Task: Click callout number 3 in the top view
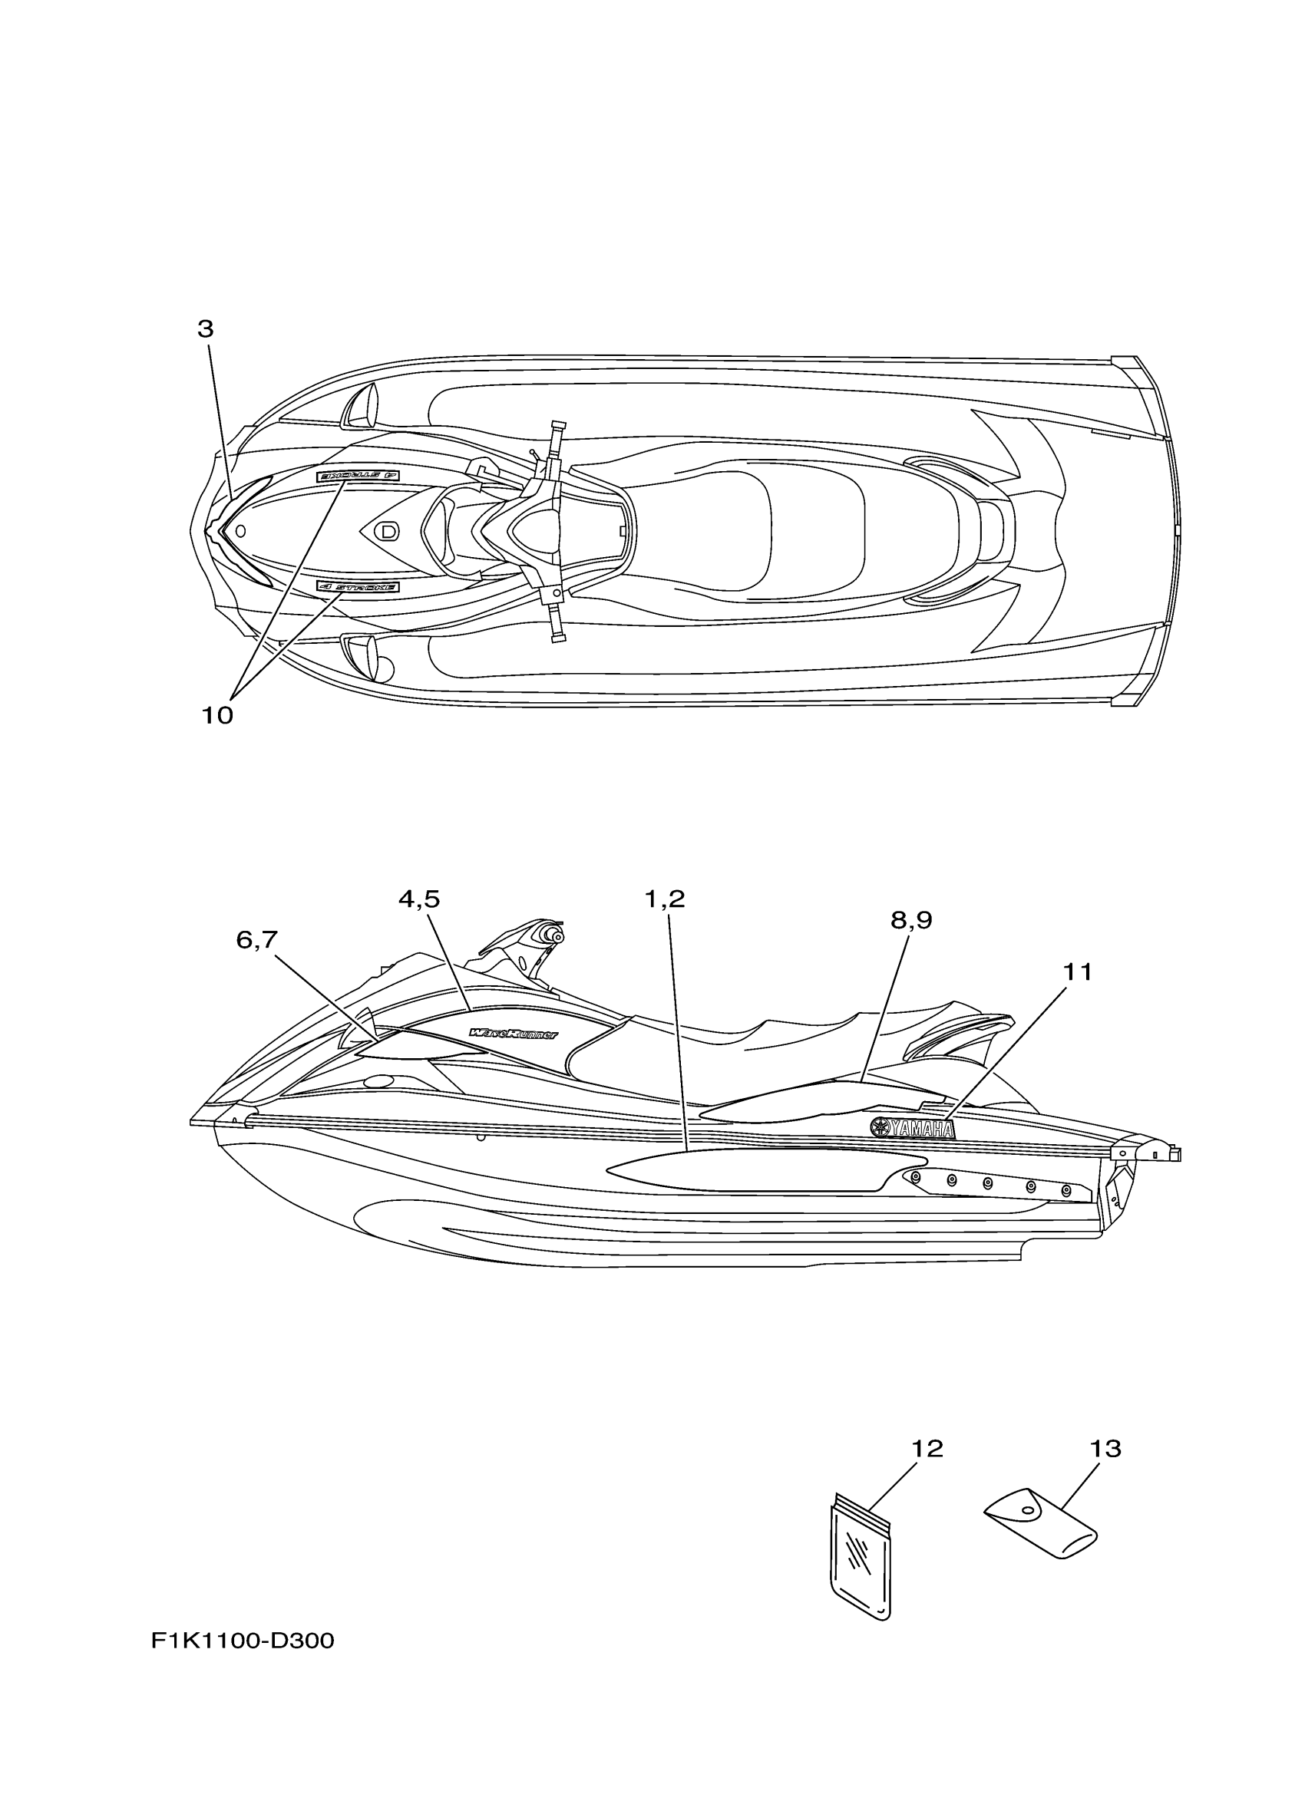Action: pyautogui.click(x=206, y=329)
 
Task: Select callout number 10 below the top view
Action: pyautogui.click(x=216, y=716)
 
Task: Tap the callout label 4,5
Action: pyautogui.click(x=418, y=899)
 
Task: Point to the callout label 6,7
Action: pyautogui.click(x=256, y=939)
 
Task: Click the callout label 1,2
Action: pyautogui.click(x=664, y=899)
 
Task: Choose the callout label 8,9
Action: pyautogui.click(x=911, y=920)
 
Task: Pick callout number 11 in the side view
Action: pyautogui.click(x=1078, y=972)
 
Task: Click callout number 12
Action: pyautogui.click(x=927, y=1450)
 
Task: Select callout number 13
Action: pyautogui.click(x=1105, y=1450)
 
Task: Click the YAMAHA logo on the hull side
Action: pyautogui.click(x=913, y=1128)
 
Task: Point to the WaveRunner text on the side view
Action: pyautogui.click(x=513, y=1033)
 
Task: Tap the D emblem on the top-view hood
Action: pyautogui.click(x=387, y=530)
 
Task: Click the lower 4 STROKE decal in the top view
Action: pyautogui.click(x=357, y=587)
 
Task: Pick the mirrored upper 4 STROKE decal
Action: pyautogui.click(x=358, y=475)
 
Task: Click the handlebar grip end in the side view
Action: pyautogui.click(x=558, y=937)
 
